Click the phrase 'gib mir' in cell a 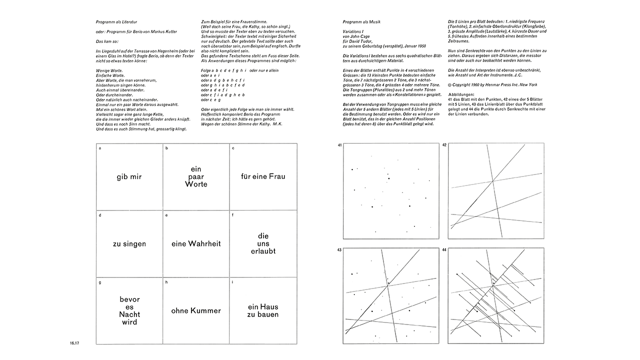(x=129, y=176)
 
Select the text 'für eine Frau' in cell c (x=263, y=176)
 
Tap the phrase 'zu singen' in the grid (x=129, y=243)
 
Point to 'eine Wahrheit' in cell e (x=196, y=243)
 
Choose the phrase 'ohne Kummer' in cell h (x=196, y=310)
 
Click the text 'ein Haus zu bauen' (x=263, y=310)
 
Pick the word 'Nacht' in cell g (x=129, y=314)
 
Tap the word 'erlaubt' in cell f (x=263, y=251)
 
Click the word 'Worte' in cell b (x=196, y=184)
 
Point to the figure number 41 (x=339, y=145)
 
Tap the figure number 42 (x=444, y=145)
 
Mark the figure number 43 (x=339, y=250)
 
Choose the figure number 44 (x=444, y=250)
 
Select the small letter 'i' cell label (x=233, y=282)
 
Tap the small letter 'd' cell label (x=100, y=215)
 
